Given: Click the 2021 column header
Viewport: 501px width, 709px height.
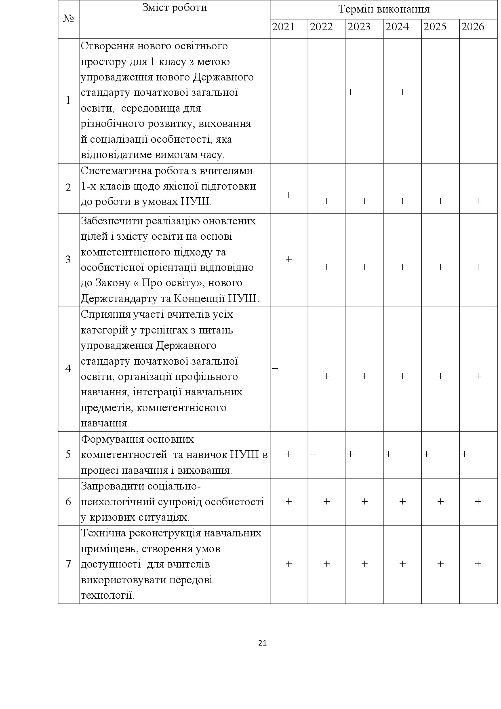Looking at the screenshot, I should tap(283, 27).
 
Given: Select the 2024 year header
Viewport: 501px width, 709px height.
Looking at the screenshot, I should tap(397, 27).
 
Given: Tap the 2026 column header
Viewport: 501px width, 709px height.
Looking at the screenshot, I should tap(473, 27).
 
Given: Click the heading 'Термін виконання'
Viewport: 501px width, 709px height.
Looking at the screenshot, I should tap(383, 9).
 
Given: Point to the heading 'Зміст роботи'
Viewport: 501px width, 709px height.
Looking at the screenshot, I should tap(175, 8).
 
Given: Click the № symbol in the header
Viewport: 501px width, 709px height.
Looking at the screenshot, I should tap(68, 19).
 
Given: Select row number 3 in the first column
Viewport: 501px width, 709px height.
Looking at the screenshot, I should tap(68, 260).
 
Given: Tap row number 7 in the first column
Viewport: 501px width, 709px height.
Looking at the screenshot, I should tap(68, 564).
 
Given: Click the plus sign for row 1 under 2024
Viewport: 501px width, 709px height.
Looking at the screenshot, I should tap(402, 92).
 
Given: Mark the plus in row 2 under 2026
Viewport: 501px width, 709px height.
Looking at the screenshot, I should tap(478, 201).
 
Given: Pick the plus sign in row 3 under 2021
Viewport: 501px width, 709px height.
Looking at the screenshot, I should tap(288, 260).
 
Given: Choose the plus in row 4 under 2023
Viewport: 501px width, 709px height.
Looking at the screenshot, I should tap(364, 376).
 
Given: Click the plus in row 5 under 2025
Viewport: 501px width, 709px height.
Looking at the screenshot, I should tap(427, 454).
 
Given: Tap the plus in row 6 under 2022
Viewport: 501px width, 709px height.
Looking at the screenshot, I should tap(326, 502).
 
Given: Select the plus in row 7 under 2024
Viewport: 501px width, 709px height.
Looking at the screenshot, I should tap(402, 564).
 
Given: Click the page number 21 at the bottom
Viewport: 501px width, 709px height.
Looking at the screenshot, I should tap(262, 643).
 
